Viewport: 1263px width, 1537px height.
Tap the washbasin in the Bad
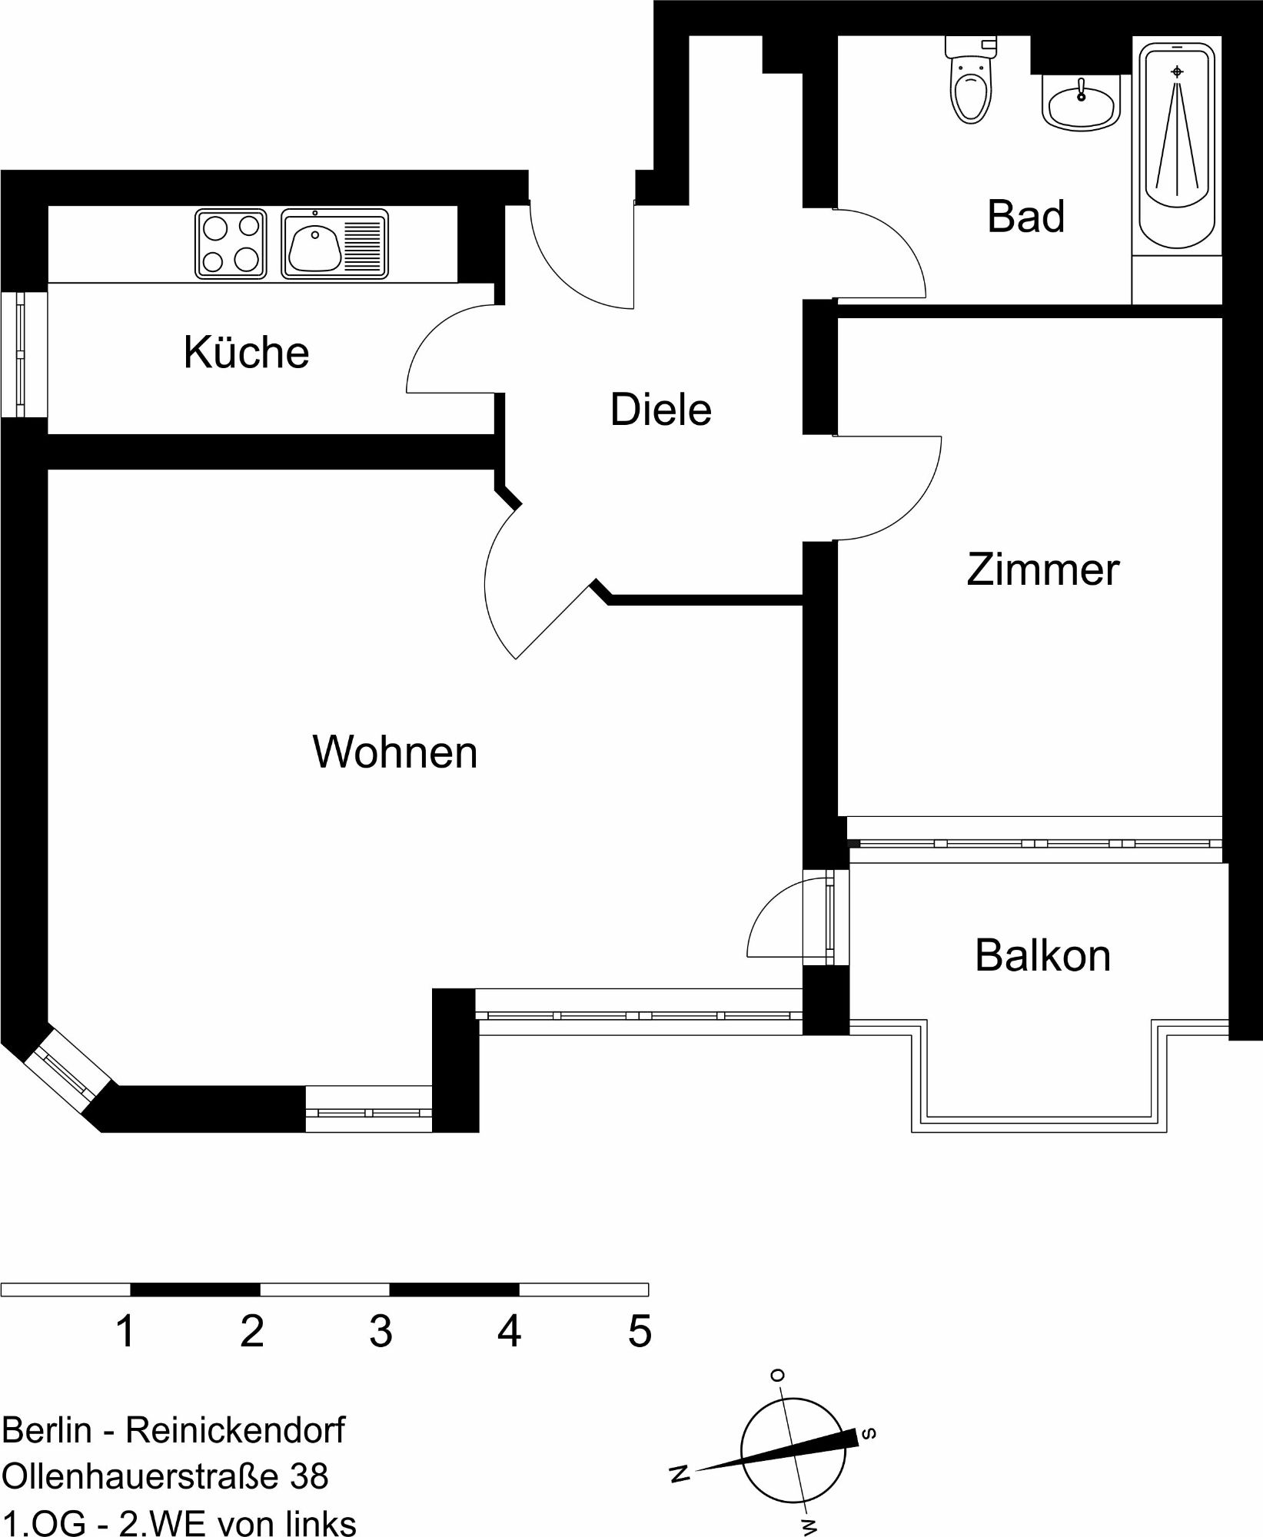pyautogui.click(x=1082, y=103)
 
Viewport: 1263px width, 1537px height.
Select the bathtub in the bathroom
pyautogui.click(x=1177, y=145)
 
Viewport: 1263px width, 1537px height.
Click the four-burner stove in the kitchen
pyautogui.click(x=231, y=244)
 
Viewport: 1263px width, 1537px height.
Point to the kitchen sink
pyautogui.click(x=335, y=244)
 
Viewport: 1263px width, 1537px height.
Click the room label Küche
pyautogui.click(x=246, y=352)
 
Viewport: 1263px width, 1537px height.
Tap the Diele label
pyautogui.click(x=660, y=409)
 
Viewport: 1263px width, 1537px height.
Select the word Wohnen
pyautogui.click(x=395, y=752)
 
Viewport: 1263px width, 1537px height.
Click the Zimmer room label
pyautogui.click(x=1042, y=569)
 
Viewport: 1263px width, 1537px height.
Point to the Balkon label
pyautogui.click(x=1042, y=955)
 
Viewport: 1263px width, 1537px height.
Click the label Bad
pyautogui.click(x=1026, y=216)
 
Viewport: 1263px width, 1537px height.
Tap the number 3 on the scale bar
pyautogui.click(x=381, y=1332)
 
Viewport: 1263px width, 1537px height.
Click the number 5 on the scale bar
pyautogui.click(x=640, y=1332)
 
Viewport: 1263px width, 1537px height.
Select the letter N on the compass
pyautogui.click(x=680, y=1473)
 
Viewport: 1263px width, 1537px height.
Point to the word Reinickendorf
pyautogui.click(x=235, y=1430)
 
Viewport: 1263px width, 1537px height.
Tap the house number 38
pyautogui.click(x=309, y=1476)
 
